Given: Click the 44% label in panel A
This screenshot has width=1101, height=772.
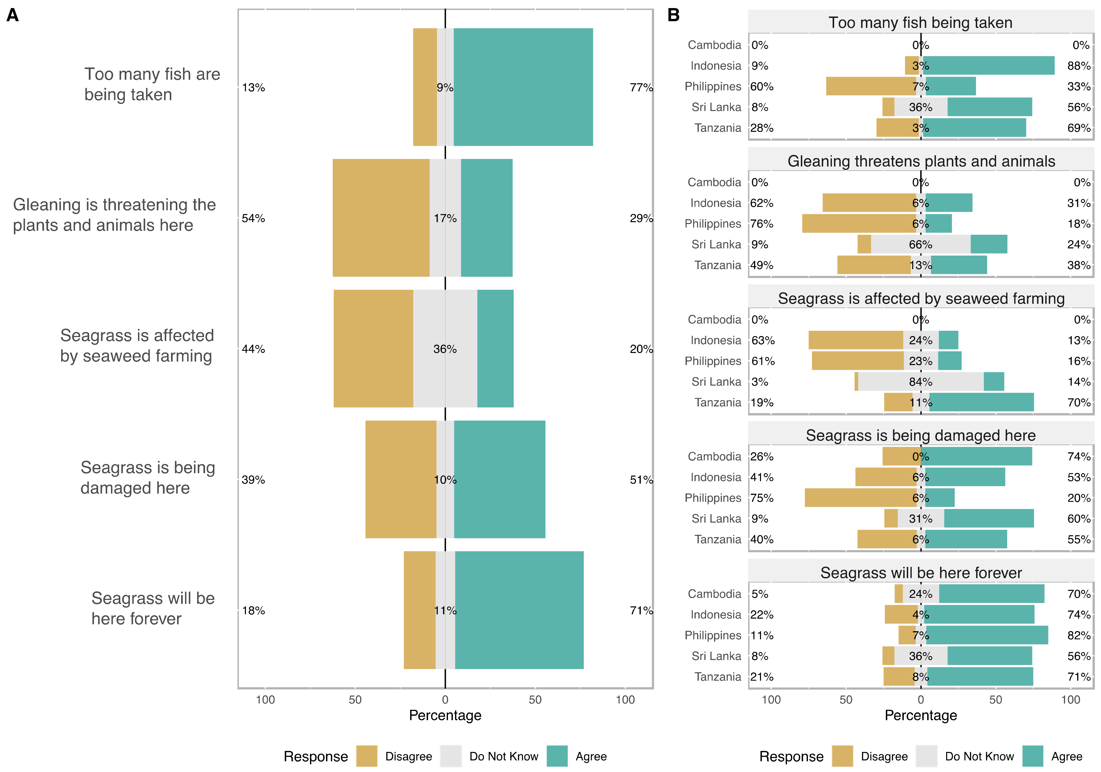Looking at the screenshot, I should [253, 349].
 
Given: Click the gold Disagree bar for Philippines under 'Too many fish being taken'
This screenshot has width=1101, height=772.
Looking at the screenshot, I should [871, 86].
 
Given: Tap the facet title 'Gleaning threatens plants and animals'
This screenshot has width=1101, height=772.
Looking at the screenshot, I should [921, 161].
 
